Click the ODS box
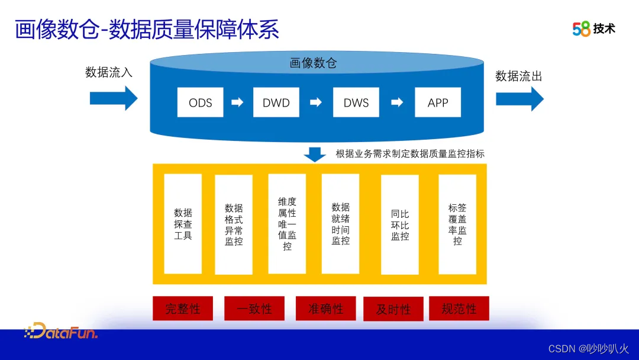click(201, 102)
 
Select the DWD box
click(276, 102)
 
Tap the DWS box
click(356, 102)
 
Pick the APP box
click(438, 102)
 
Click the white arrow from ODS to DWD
click(237, 102)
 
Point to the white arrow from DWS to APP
click(398, 102)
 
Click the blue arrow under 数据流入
click(114, 98)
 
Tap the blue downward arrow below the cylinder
click(315, 154)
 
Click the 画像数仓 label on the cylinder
click(313, 63)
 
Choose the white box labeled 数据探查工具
click(183, 224)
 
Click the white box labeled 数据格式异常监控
click(234, 224)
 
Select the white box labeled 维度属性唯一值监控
click(287, 224)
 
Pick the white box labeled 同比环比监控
click(400, 224)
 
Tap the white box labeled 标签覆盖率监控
click(457, 224)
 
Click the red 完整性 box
click(183, 308)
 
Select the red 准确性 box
click(326, 308)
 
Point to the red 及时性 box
click(393, 309)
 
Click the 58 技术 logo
click(593, 28)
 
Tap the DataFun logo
click(61, 332)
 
